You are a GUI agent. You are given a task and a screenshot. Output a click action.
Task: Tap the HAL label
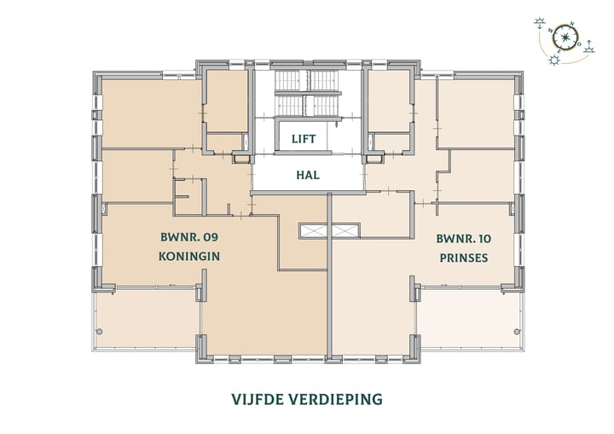click(307, 176)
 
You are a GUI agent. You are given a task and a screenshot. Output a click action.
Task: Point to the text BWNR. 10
click(463, 238)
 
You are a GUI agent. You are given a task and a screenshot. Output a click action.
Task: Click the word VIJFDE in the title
click(259, 398)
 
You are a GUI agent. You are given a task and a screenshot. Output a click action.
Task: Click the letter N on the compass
click(572, 25)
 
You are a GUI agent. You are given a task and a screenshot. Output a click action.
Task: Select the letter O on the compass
click(579, 43)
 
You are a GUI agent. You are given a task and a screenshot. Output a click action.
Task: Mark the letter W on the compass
click(551, 32)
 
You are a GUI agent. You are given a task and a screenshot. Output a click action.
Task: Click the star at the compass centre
click(565, 38)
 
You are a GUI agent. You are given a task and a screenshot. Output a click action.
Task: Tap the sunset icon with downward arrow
click(540, 23)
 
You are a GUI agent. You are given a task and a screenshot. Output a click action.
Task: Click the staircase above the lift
click(306, 94)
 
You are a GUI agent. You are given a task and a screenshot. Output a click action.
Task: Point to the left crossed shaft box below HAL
click(314, 230)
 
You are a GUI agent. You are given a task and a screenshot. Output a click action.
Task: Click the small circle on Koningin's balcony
click(100, 331)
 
